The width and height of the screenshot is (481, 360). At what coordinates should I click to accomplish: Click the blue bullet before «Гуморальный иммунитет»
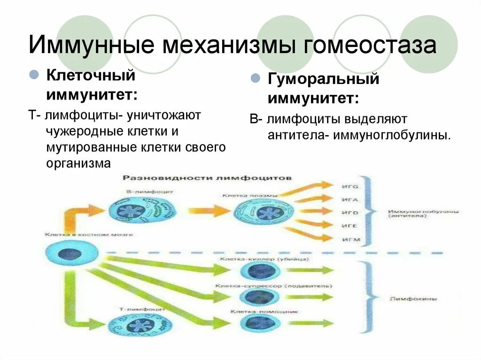coord(256,78)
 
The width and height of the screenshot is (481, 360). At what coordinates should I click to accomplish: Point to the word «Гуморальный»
coord(323,79)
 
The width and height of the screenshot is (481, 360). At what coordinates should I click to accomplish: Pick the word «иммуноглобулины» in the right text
coord(392,135)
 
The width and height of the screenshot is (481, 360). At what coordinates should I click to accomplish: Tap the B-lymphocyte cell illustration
coord(133,209)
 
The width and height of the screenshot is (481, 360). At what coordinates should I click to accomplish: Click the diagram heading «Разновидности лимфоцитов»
coord(207,178)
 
